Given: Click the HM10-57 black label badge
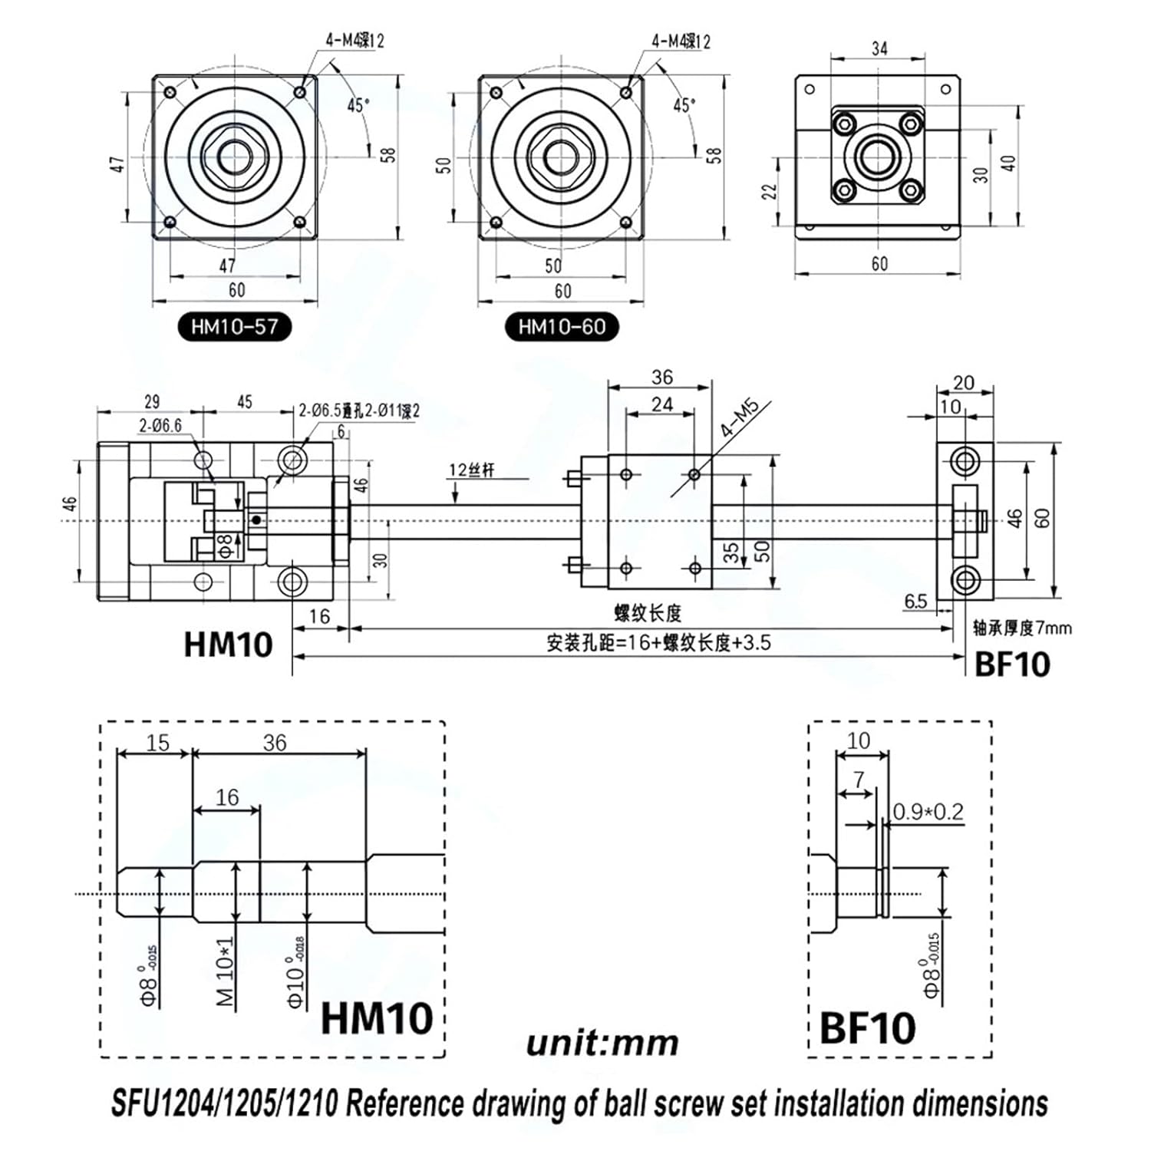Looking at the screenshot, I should tap(234, 327).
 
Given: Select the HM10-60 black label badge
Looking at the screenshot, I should tap(562, 327).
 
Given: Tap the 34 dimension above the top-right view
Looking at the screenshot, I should tap(879, 48).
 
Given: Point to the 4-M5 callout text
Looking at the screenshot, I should tap(739, 419).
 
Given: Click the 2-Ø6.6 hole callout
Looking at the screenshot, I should tap(160, 425).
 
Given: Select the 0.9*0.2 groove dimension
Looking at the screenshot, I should tap(928, 811).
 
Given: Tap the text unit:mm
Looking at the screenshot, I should tap(602, 1043).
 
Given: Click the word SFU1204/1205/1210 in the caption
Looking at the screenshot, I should tap(224, 1103).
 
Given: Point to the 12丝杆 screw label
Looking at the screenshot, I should tap(471, 470).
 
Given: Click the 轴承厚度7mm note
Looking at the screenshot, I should tap(1022, 628).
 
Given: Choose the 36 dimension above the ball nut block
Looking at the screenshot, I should tap(661, 377).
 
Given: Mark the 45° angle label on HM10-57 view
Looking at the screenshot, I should tap(358, 105).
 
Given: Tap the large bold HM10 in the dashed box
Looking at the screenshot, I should tap(376, 1018).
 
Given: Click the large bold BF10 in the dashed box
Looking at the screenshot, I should tap(867, 1028).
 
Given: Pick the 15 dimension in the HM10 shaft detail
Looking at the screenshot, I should tap(157, 743).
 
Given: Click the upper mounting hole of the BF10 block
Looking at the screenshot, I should tap(965, 462).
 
